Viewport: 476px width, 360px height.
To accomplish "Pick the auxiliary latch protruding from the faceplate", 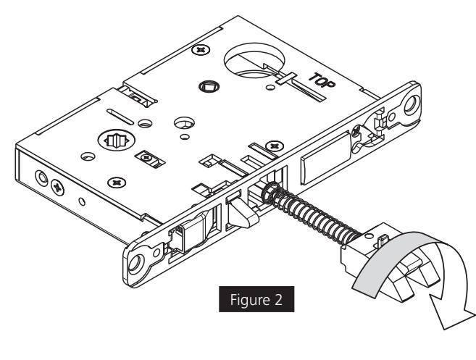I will pyautogui.click(x=241, y=215).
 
